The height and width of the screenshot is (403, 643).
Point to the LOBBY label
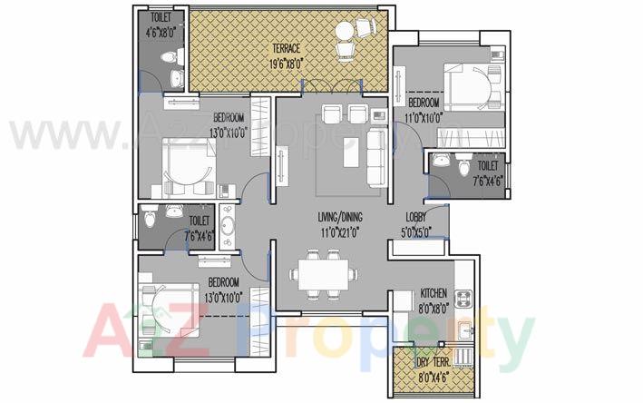[417, 217]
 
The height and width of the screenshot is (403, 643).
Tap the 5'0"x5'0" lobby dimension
[417, 231]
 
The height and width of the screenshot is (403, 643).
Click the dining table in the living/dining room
[322, 270]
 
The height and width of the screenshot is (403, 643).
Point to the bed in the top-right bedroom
[471, 90]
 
